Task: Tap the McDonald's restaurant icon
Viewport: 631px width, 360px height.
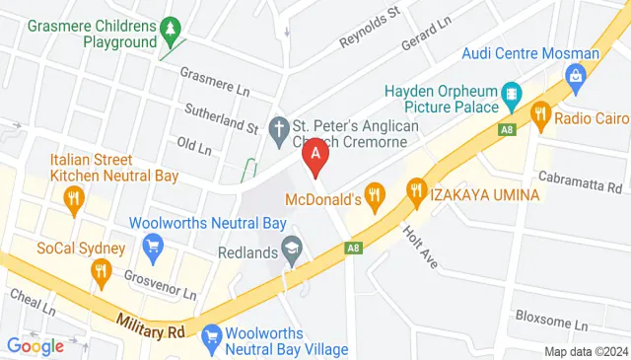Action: click(x=373, y=196)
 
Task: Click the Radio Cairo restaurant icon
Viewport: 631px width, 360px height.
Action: click(x=539, y=115)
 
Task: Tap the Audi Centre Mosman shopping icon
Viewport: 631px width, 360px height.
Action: click(x=574, y=75)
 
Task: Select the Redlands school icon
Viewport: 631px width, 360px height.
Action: click(x=292, y=247)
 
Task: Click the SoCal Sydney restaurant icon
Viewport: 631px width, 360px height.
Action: click(x=101, y=271)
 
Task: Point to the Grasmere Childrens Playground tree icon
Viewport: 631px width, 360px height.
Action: click(x=172, y=30)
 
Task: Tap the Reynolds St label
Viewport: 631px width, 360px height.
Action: click(x=368, y=27)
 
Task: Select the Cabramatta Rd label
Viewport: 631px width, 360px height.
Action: click(x=579, y=180)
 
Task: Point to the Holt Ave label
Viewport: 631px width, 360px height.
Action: click(x=421, y=246)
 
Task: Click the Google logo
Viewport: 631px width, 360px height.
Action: click(x=35, y=345)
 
